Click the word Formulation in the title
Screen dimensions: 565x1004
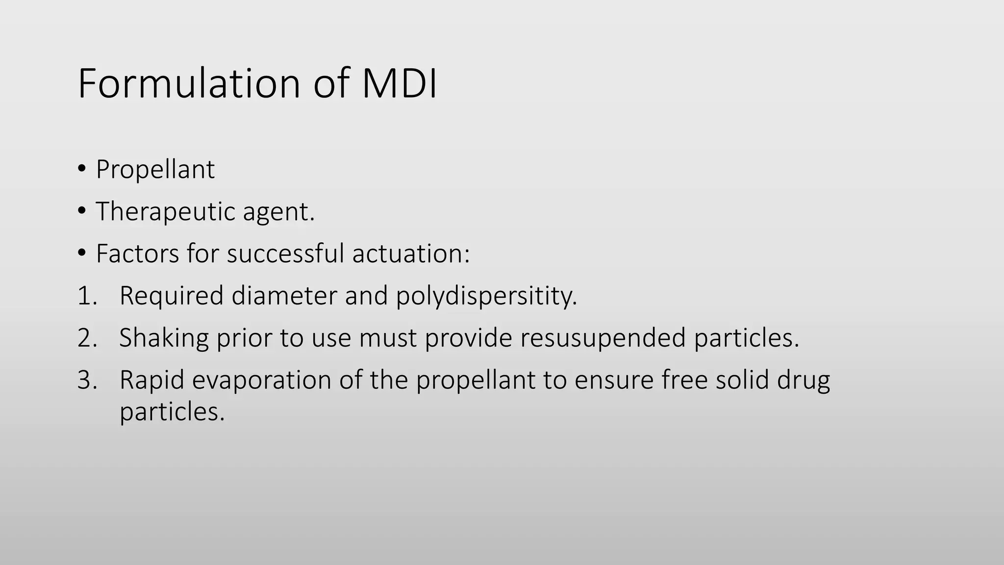(x=189, y=83)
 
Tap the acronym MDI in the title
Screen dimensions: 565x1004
(x=399, y=83)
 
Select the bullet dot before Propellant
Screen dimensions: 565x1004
(x=82, y=169)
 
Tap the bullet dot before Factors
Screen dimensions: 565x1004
(x=82, y=254)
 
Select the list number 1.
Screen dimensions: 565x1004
(x=87, y=296)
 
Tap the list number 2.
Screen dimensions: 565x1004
(x=87, y=338)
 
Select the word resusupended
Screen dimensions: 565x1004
(x=602, y=338)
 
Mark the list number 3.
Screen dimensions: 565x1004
(x=87, y=380)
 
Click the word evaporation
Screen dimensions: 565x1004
(x=261, y=381)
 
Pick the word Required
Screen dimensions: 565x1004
(x=172, y=296)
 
